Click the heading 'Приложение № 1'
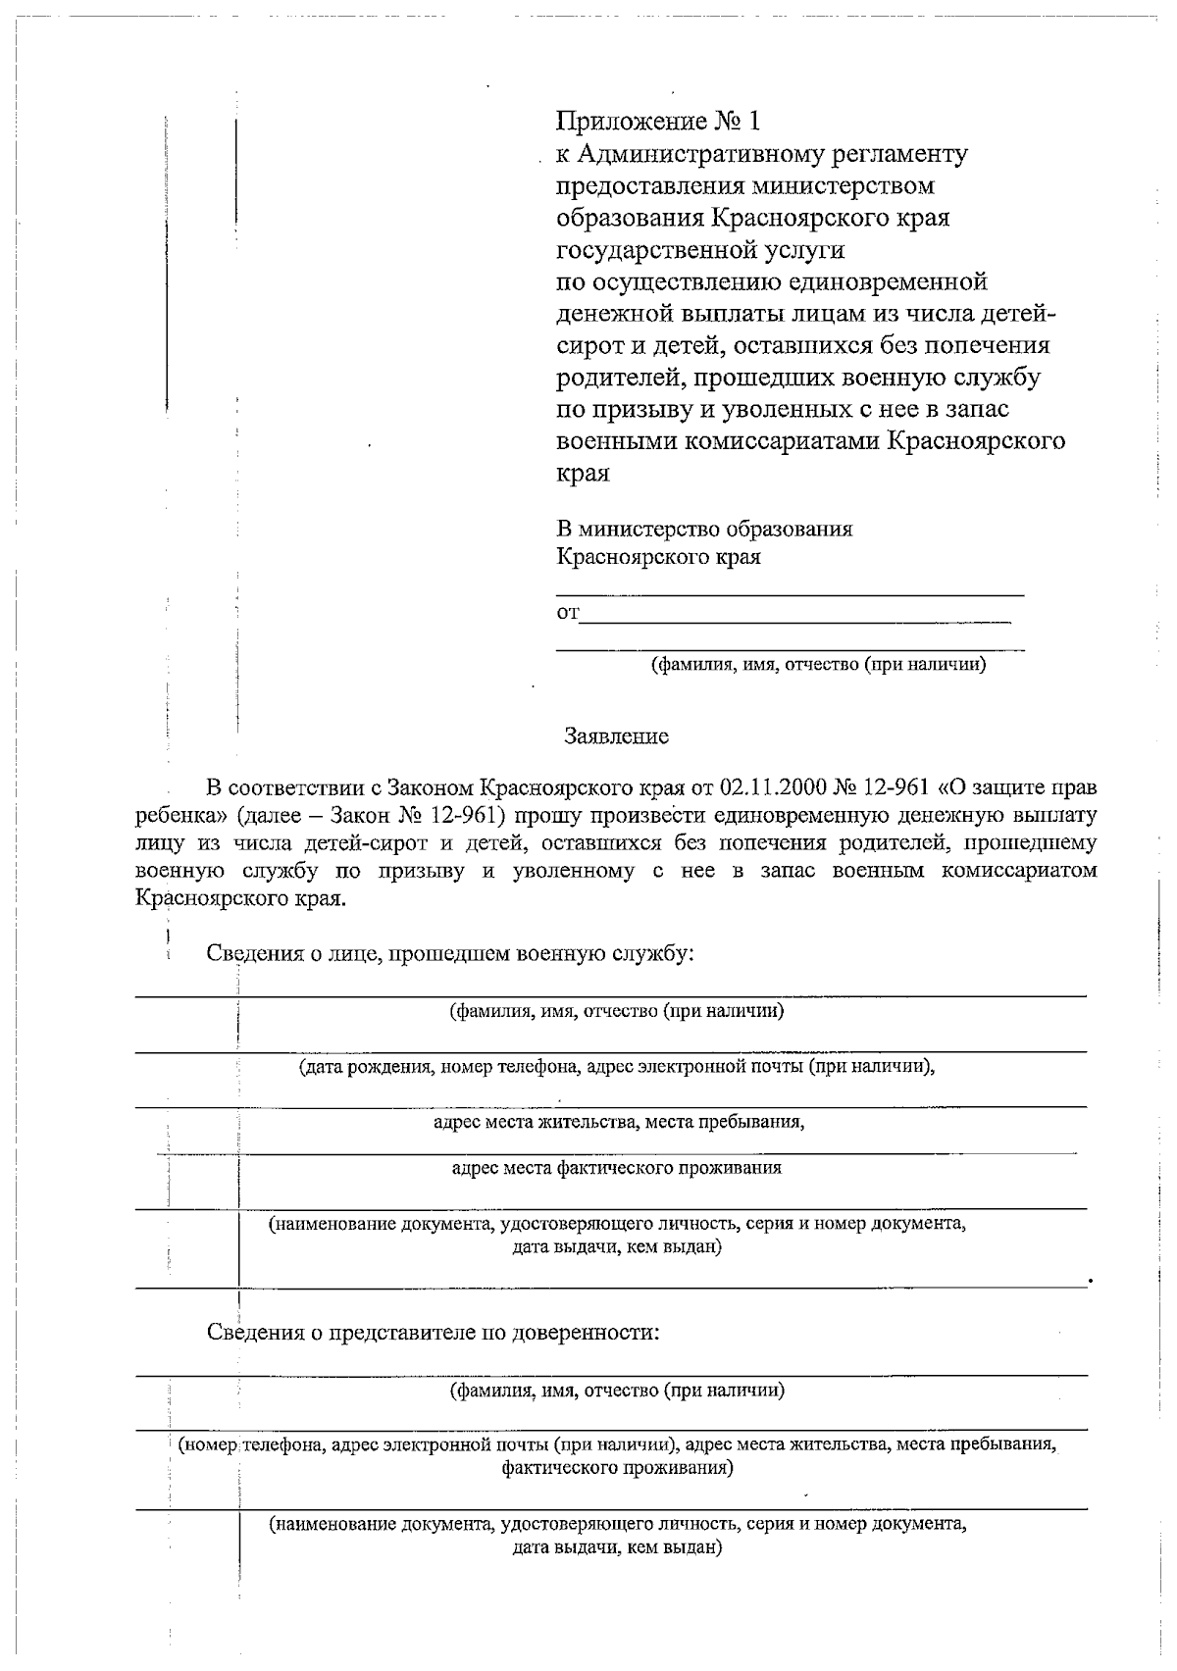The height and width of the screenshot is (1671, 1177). (658, 122)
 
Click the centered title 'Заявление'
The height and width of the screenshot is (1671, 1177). (616, 736)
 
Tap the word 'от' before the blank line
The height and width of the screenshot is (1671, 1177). (568, 614)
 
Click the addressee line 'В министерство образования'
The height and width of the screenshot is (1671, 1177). (704, 530)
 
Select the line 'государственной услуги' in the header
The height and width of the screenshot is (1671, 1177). (700, 250)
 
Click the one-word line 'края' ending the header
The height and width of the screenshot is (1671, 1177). (583, 474)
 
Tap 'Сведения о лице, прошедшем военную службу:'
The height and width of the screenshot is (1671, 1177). (450, 953)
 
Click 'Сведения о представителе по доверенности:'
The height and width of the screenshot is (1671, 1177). (433, 1333)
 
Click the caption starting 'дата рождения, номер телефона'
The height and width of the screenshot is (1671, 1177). (616, 1067)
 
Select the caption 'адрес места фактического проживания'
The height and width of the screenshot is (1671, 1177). (616, 1168)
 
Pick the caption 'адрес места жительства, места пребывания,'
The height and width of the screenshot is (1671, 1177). (619, 1122)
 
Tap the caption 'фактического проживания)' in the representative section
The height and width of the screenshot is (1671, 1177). (616, 1468)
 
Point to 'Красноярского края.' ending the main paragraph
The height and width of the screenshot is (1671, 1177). (240, 898)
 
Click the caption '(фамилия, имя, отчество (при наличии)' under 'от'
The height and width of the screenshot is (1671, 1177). (819, 665)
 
